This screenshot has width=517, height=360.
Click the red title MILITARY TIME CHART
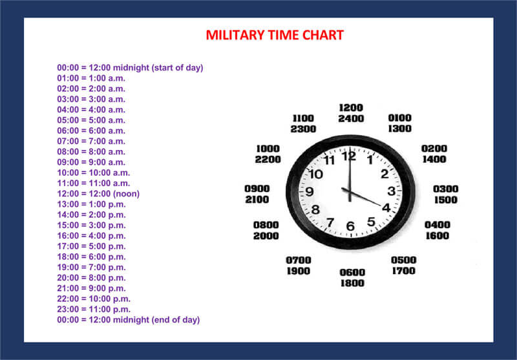[275, 36]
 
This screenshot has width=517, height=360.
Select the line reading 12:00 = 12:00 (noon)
[98, 193]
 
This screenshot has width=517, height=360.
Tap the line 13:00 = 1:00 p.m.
[91, 204]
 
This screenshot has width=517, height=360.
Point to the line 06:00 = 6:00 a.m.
[91, 131]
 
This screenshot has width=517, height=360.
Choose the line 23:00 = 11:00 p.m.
[94, 309]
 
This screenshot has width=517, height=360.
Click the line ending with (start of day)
[130, 68]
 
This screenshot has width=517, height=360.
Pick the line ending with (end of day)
[128, 320]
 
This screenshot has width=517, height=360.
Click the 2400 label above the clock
[351, 119]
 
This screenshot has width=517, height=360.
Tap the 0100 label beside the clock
[399, 118]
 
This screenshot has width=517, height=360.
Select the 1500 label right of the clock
[446, 200]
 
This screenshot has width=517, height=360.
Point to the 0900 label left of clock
[257, 189]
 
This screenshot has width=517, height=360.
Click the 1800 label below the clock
[352, 283]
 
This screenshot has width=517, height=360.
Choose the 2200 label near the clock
[268, 160]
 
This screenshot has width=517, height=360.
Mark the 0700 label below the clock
[299, 260]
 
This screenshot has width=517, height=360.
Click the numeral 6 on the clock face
[350, 226]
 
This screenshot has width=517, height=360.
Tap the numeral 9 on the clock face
[310, 191]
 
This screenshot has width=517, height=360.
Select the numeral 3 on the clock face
[392, 191]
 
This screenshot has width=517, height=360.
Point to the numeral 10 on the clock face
[316, 174]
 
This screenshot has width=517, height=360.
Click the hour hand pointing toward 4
[361, 197]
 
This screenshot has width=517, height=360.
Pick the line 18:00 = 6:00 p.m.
[91, 257]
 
